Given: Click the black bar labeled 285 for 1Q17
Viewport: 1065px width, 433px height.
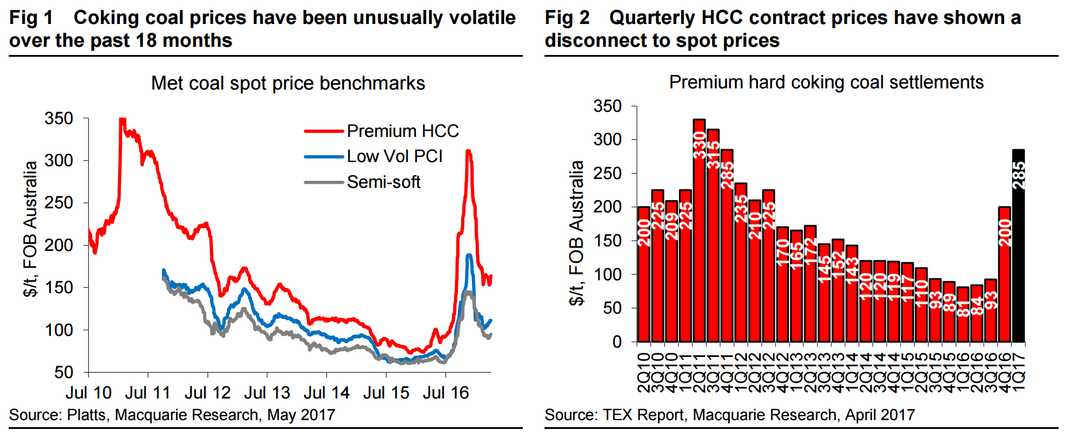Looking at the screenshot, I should (1018, 246).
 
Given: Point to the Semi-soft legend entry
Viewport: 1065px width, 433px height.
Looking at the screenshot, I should (363, 182).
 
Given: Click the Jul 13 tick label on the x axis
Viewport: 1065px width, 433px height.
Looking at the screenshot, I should (267, 393).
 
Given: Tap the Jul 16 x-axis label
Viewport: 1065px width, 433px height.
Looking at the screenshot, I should (446, 393).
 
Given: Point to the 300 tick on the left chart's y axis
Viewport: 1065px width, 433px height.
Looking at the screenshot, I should (58, 160).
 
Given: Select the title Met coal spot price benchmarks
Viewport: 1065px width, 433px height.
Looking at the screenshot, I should (288, 83).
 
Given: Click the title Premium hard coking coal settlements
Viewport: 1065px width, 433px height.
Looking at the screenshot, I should (826, 82).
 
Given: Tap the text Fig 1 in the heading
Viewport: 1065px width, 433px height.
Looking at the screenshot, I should (31, 18).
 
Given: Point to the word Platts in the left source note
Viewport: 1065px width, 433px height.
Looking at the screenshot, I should (87, 415).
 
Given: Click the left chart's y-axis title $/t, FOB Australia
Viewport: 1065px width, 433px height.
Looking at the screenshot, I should (30, 228).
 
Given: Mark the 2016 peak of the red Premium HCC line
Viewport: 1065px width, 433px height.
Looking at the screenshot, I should (468, 151).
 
